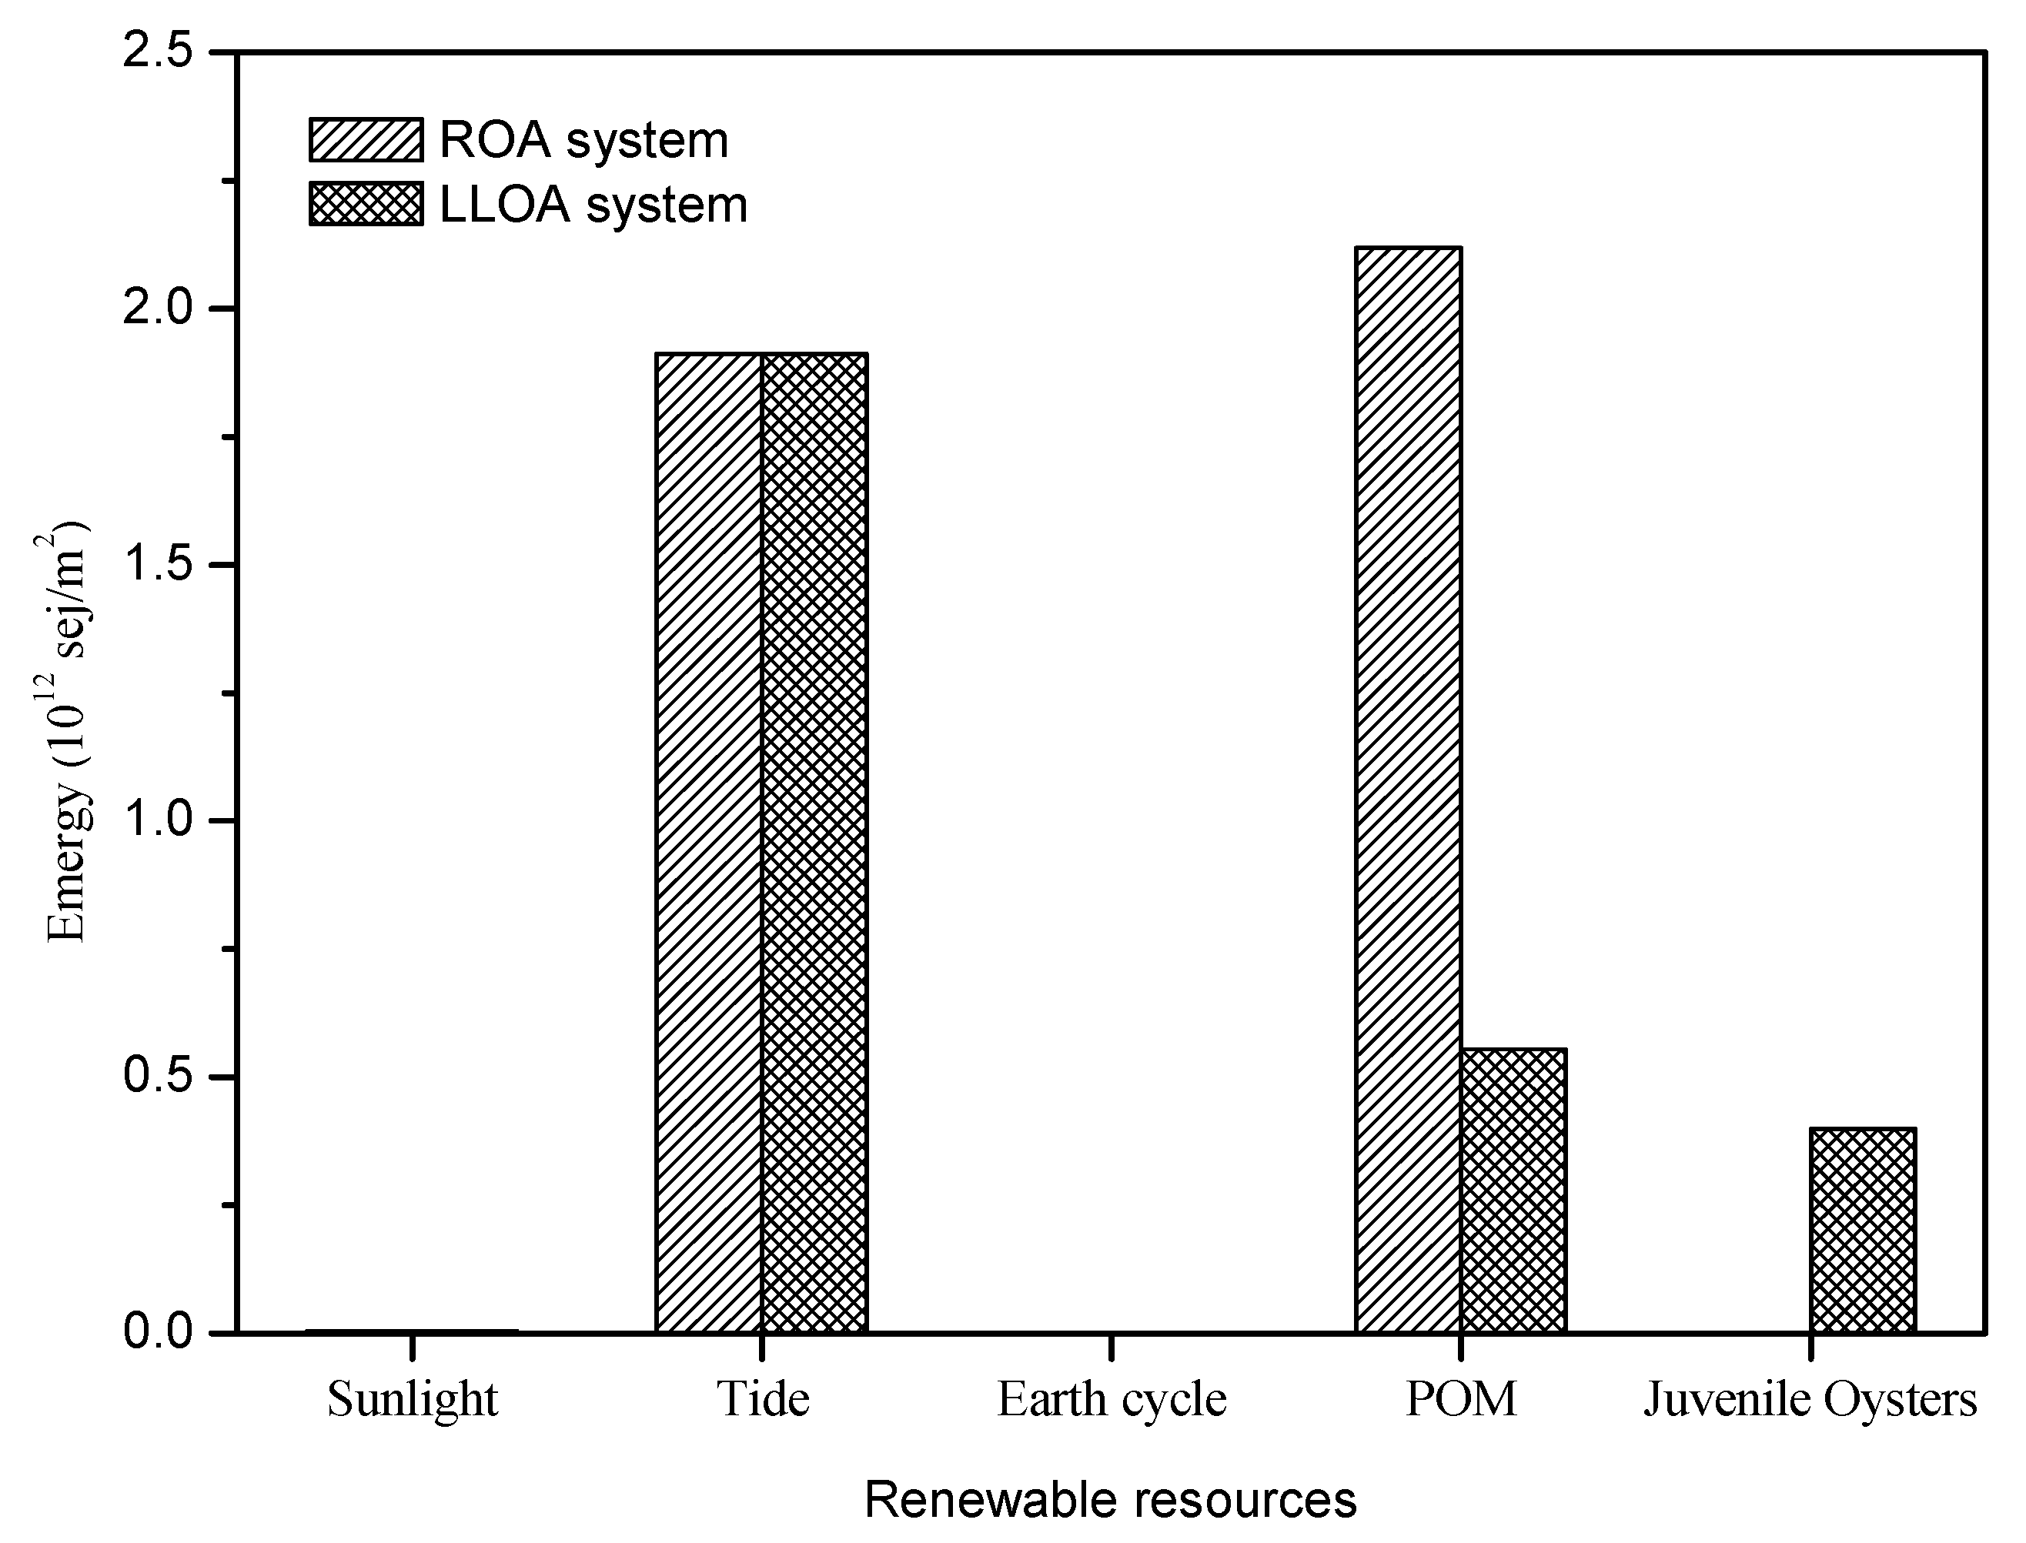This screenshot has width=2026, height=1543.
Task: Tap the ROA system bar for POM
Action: [1408, 790]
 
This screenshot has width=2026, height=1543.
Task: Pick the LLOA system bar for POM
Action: [1513, 1191]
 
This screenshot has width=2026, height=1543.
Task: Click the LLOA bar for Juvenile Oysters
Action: [1863, 1230]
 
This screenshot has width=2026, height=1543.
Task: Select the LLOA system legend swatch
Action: [366, 204]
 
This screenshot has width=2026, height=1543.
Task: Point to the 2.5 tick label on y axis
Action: [160, 52]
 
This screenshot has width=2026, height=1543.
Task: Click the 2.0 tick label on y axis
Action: [160, 308]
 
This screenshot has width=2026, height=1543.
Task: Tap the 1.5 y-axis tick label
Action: [160, 564]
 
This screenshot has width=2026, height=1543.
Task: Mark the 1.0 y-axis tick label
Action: [160, 820]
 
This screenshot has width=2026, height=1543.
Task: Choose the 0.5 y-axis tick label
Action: [160, 1077]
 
